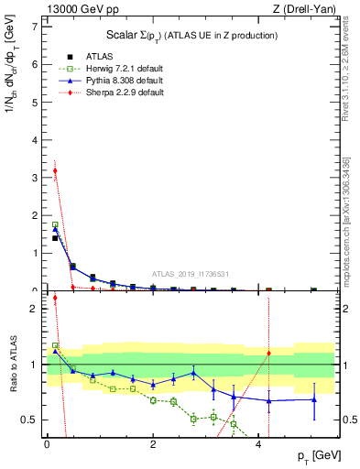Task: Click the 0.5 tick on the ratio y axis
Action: click(x=31, y=420)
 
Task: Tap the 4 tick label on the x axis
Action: click(x=258, y=444)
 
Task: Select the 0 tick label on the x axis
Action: click(x=47, y=444)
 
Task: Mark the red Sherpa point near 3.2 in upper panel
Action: click(x=55, y=170)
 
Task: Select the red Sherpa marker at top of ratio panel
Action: click(x=55, y=298)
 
